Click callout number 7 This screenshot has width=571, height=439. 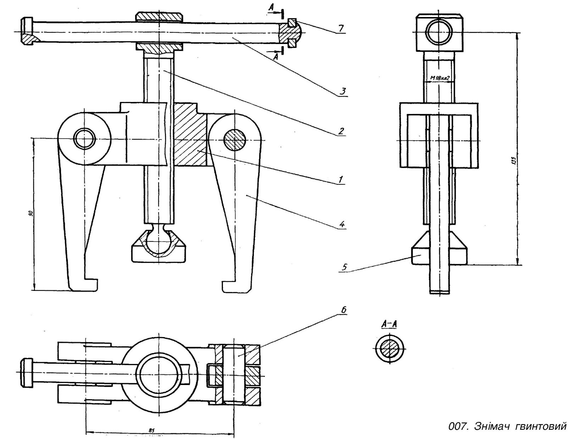click(341, 28)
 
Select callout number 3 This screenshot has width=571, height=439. click(342, 91)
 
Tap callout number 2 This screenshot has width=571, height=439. click(341, 131)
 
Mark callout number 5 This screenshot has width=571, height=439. click(344, 267)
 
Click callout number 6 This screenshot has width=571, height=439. click(343, 310)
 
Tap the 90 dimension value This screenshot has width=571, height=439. click(31, 214)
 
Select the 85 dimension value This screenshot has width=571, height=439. click(151, 430)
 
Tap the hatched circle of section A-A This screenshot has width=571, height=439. click(390, 349)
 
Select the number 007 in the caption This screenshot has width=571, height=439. click(457, 426)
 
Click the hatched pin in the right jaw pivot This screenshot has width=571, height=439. click(235, 140)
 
